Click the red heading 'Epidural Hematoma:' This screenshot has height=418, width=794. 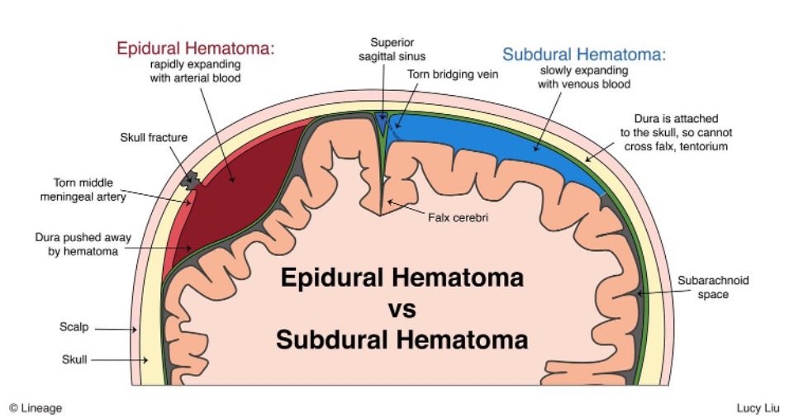point(195,49)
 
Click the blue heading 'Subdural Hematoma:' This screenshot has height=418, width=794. point(584,55)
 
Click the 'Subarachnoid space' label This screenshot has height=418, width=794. point(713,287)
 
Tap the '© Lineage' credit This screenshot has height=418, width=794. point(36,407)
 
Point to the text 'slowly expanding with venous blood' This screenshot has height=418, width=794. point(584,77)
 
